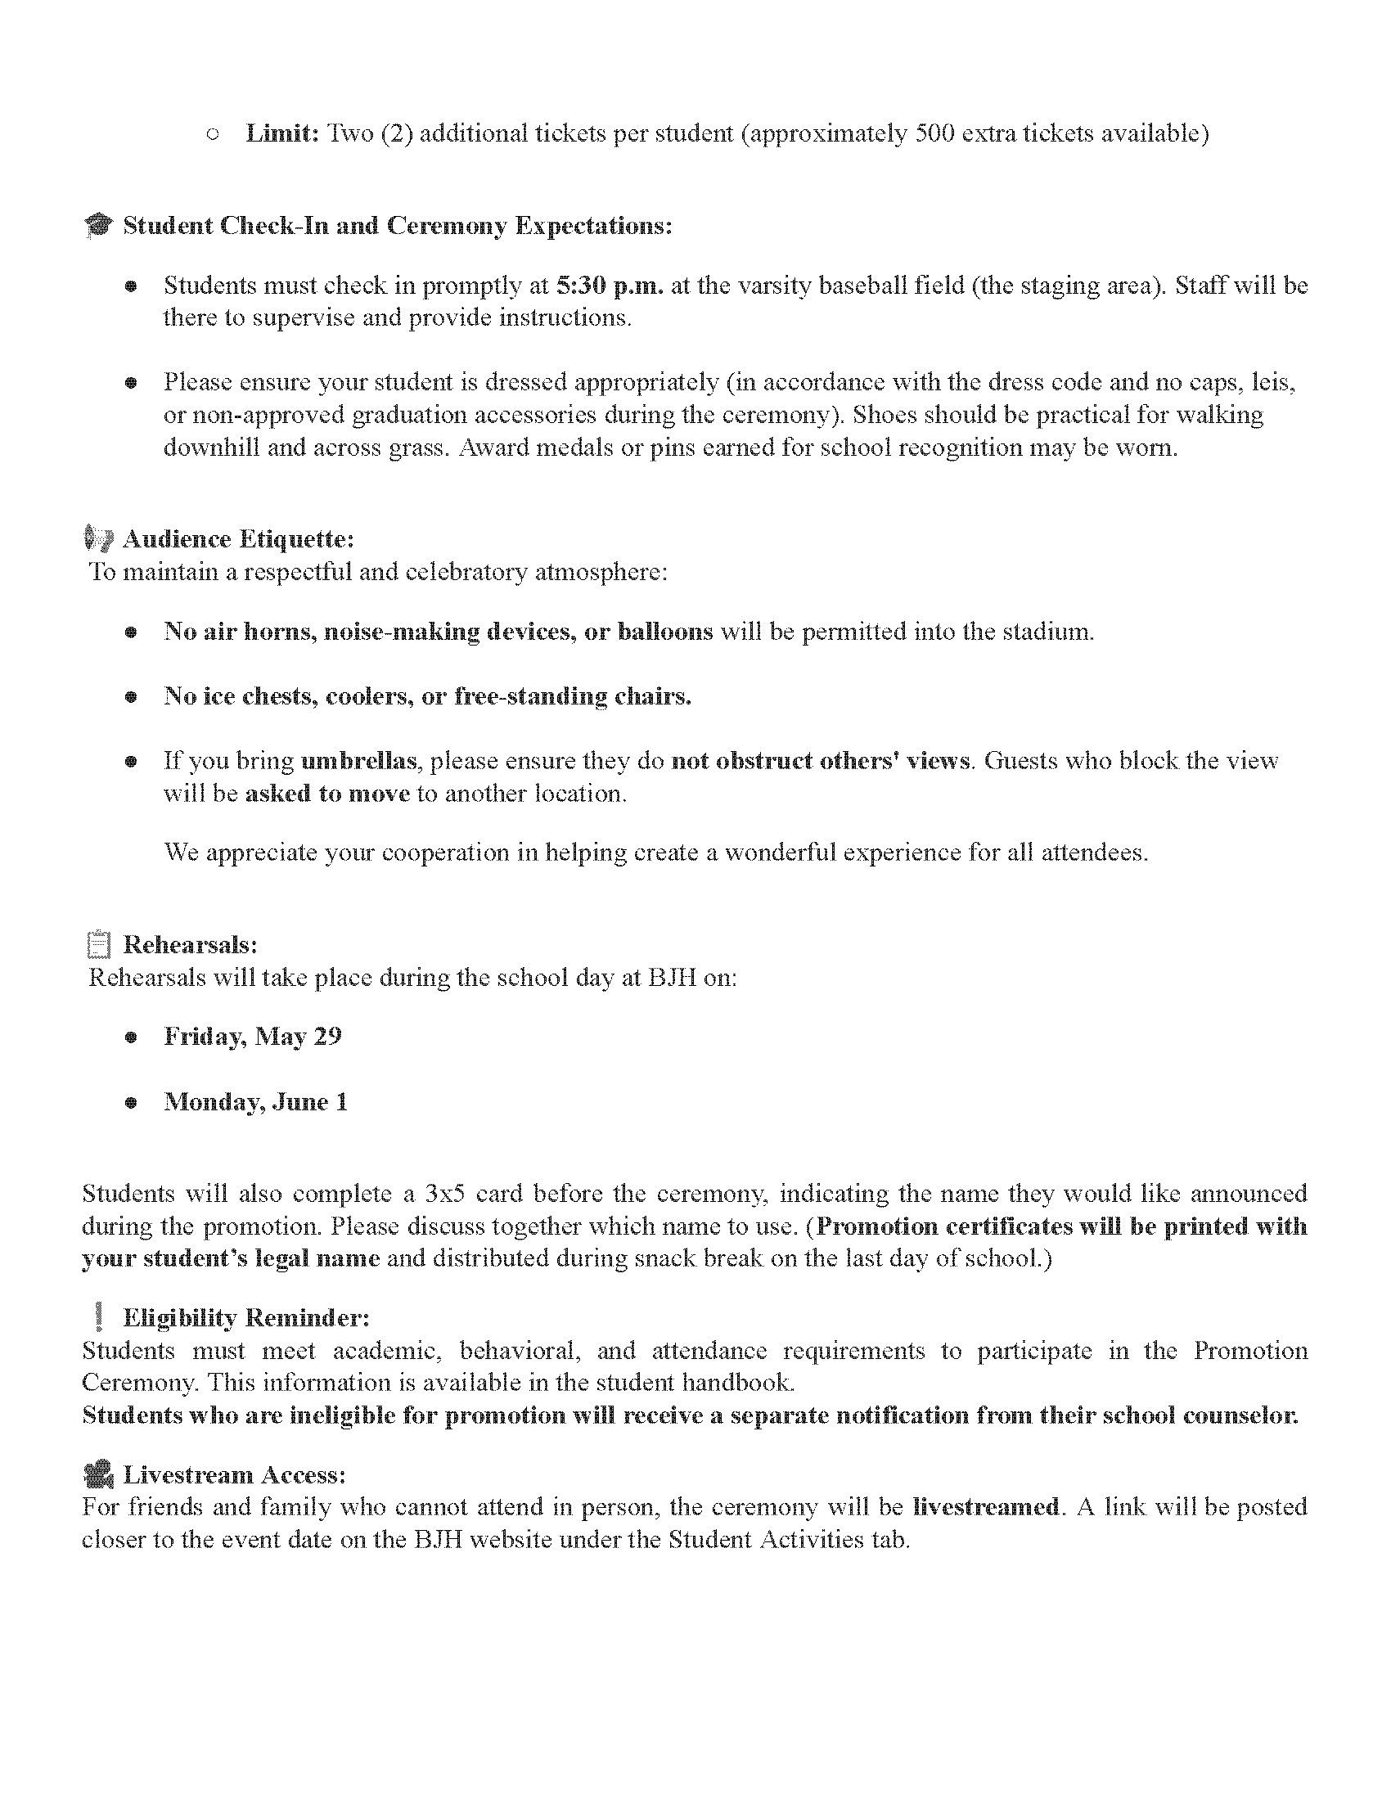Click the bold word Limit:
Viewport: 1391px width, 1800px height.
tap(282, 133)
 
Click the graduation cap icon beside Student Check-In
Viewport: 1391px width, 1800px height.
tap(98, 226)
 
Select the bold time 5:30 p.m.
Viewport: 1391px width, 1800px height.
tap(610, 286)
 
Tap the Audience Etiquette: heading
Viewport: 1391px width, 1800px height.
tap(238, 539)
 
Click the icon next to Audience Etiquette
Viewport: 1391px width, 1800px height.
tap(98, 539)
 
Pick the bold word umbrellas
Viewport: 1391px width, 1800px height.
tap(359, 760)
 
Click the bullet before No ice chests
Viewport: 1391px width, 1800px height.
tap(130, 697)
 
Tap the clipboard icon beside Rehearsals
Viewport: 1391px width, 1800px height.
tap(98, 944)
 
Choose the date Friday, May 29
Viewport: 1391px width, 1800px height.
tap(252, 1036)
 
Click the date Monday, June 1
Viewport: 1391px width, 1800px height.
tap(255, 1102)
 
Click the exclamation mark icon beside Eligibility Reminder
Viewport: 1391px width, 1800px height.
tap(99, 1317)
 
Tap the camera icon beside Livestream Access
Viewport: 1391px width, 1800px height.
tap(98, 1474)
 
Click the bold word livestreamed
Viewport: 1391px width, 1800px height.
tap(986, 1506)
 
